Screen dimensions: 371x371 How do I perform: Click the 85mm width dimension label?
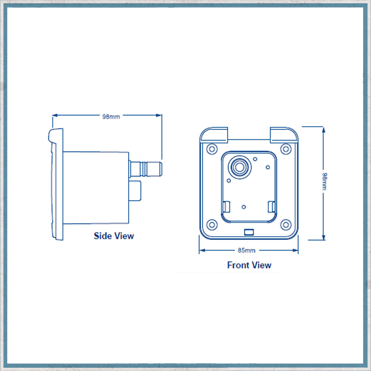coord(249,250)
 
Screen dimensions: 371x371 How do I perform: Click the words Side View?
coord(114,236)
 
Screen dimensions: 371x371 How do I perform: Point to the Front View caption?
coord(249,265)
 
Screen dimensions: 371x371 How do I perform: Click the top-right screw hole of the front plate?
coord(286,149)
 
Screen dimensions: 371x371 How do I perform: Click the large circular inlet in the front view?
coord(239,167)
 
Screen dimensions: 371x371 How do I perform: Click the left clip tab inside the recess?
coord(225,207)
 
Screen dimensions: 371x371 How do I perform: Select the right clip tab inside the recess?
coord(271,207)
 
